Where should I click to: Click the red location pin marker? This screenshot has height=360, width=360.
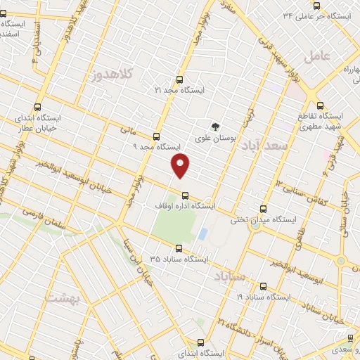(181, 165)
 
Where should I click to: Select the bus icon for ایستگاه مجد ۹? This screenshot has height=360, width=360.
(156, 137)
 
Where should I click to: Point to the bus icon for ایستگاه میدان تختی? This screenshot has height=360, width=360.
(263, 209)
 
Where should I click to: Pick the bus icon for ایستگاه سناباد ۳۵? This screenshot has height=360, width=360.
(179, 248)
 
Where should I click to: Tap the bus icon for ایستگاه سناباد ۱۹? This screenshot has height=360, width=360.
(263, 286)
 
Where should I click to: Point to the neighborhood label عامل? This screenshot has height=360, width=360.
(317, 56)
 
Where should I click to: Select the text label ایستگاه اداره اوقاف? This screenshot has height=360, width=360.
(184, 206)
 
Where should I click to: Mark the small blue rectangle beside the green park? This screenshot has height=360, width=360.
(202, 233)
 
